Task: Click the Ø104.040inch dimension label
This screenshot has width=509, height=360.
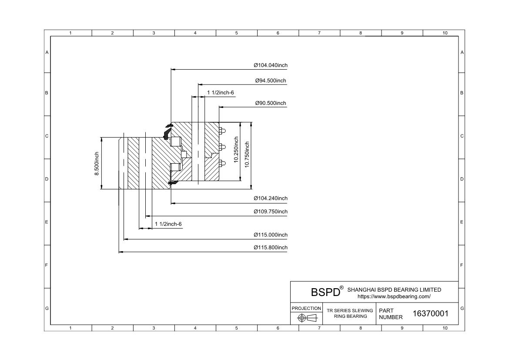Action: click(x=271, y=65)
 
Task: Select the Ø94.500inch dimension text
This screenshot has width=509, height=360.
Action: click(x=271, y=81)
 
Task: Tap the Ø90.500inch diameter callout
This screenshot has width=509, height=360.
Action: click(x=271, y=103)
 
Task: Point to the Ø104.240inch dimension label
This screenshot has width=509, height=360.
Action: click(x=271, y=198)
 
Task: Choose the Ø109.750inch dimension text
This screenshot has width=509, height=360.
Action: click(x=271, y=212)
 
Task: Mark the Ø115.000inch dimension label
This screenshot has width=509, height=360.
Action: click(x=271, y=235)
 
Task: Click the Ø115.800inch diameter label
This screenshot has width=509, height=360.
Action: click(x=271, y=248)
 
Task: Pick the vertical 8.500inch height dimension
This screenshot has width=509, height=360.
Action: click(x=97, y=164)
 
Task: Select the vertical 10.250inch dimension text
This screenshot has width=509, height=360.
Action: click(x=236, y=150)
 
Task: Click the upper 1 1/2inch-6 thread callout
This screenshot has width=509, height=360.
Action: click(x=221, y=92)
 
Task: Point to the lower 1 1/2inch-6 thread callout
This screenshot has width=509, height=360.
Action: click(x=168, y=224)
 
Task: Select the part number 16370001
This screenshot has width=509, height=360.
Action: click(x=430, y=313)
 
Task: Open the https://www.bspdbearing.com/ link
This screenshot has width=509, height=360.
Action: click(x=394, y=296)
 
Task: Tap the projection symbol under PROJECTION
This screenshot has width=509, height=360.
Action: click(x=306, y=318)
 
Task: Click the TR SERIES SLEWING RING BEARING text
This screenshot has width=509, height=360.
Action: click(x=350, y=313)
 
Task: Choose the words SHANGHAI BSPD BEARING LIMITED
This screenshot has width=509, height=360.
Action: click(x=394, y=289)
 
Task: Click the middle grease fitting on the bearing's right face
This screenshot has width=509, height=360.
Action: click(x=222, y=147)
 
